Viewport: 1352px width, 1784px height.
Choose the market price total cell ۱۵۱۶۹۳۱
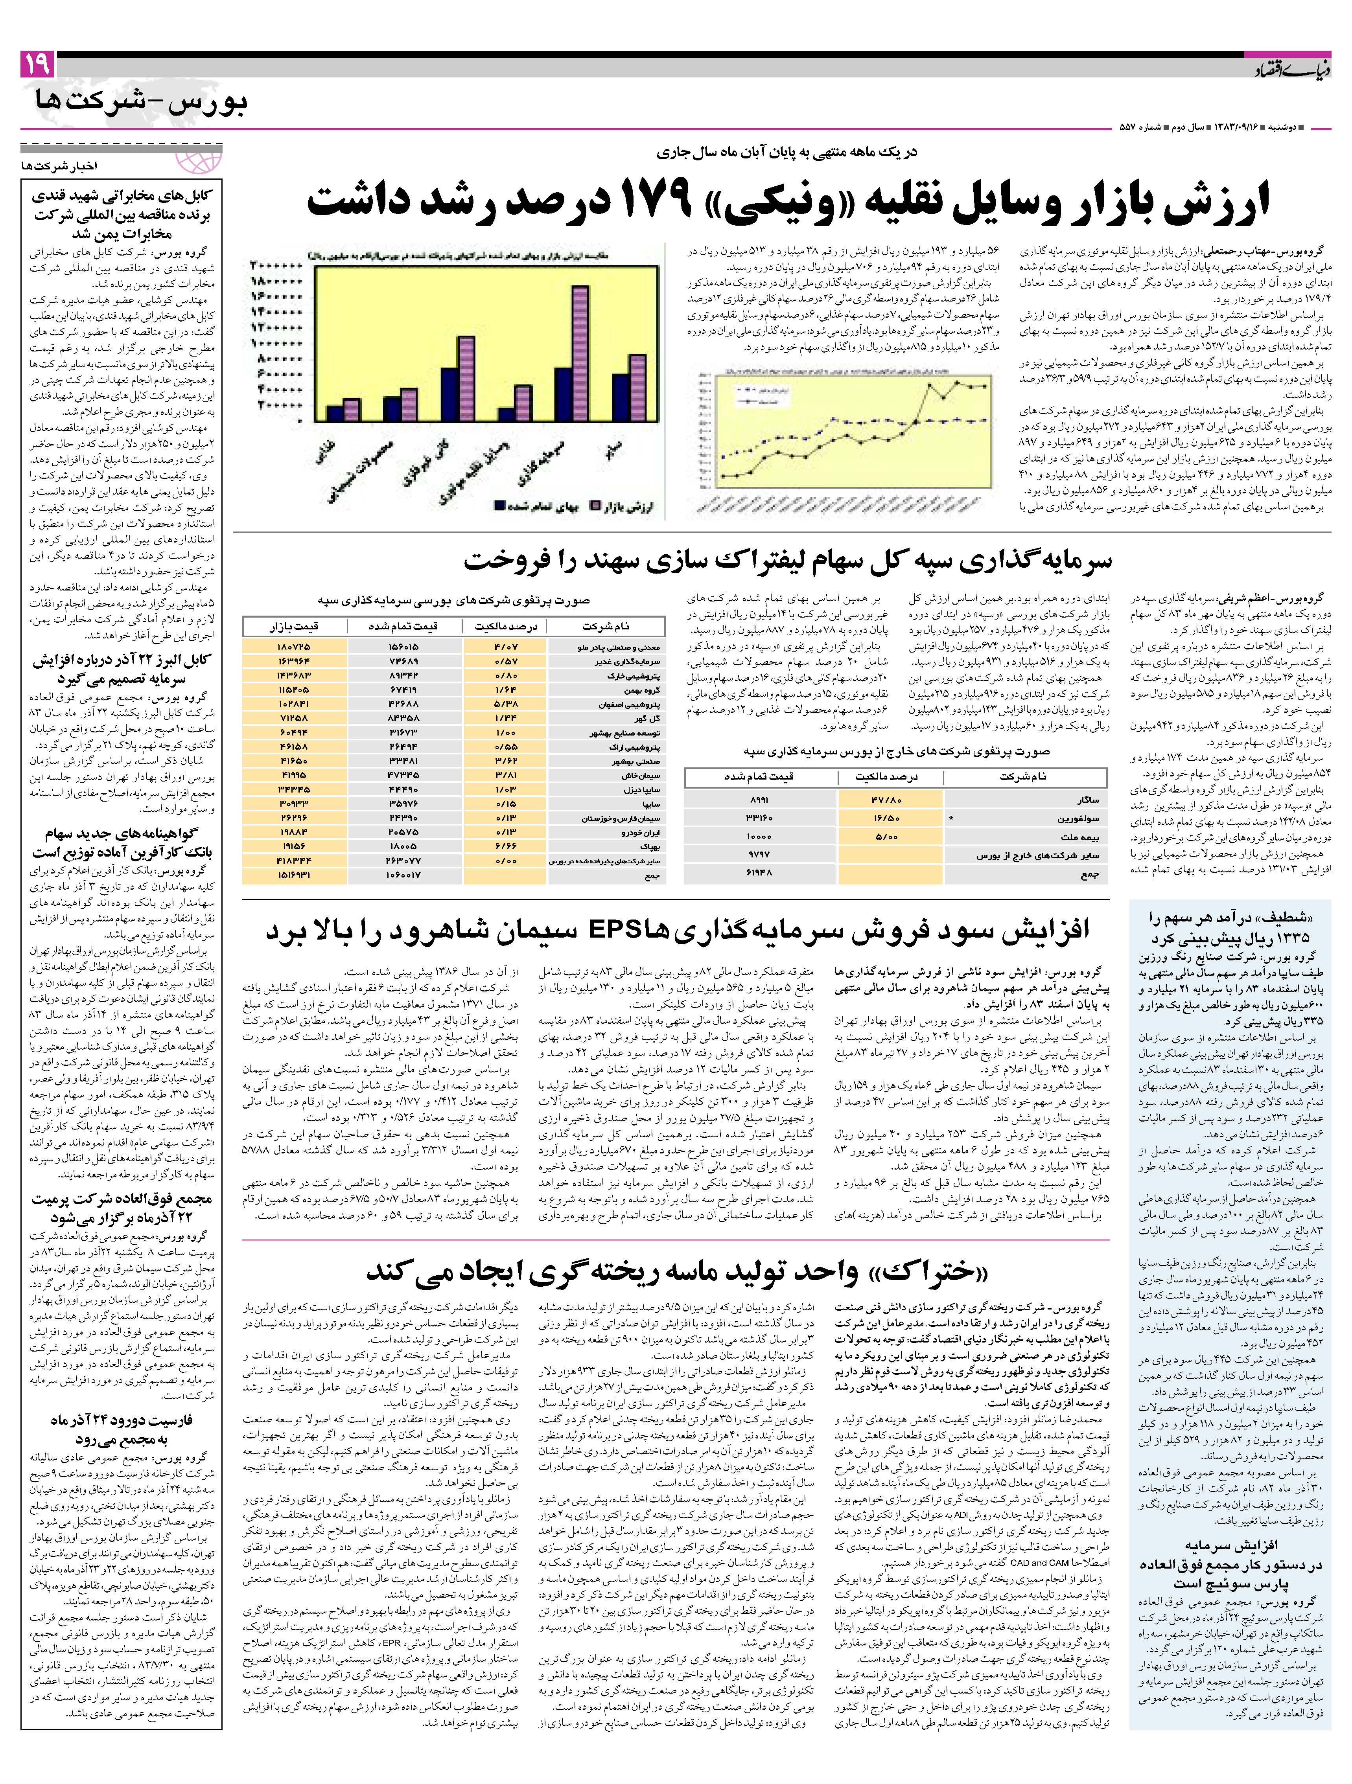pyautogui.click(x=295, y=875)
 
